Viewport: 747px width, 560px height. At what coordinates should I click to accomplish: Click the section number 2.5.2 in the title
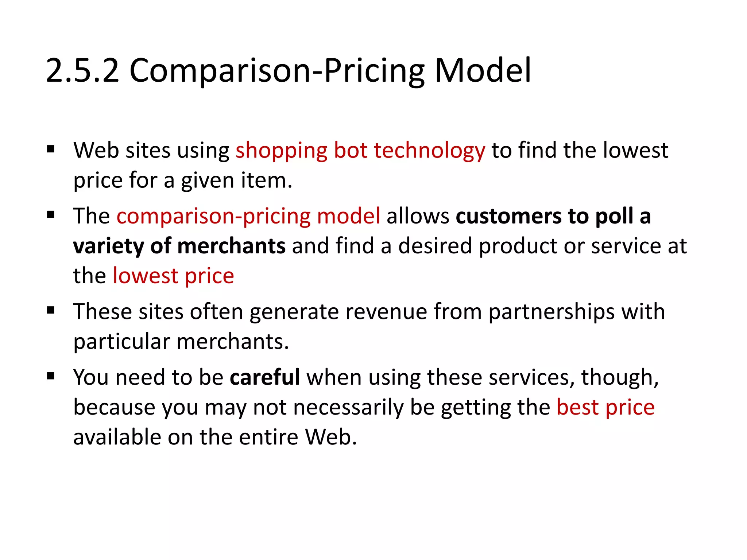point(83,70)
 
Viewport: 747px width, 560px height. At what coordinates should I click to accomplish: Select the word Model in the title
point(483,70)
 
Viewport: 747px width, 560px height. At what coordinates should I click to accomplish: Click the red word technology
point(429,151)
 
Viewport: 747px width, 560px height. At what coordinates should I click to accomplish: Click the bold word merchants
point(231,246)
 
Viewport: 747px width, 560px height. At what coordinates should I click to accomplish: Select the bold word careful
point(265,377)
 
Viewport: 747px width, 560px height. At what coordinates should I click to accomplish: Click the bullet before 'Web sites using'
point(51,149)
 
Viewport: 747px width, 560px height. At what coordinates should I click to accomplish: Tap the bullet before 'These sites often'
point(51,311)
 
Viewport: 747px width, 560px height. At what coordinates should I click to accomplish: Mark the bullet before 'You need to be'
point(51,376)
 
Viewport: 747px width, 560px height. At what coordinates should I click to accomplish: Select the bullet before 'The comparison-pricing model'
point(51,215)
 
